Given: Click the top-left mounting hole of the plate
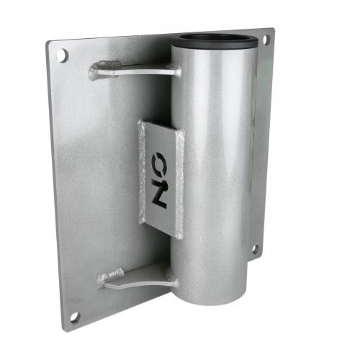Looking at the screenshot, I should click(63, 53).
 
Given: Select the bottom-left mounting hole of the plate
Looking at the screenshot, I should click(75, 315).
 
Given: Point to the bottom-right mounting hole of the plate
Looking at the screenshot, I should click(254, 249).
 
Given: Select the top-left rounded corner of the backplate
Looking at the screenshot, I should click(50, 45).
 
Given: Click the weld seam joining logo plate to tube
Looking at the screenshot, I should click(178, 180).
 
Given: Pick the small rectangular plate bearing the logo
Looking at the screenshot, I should click(160, 173).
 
